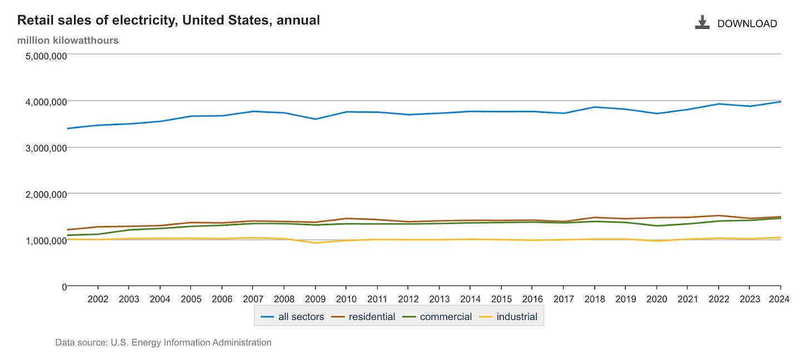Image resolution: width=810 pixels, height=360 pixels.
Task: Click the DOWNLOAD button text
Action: (747, 23)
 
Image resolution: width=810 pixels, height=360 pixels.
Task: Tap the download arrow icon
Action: (702, 22)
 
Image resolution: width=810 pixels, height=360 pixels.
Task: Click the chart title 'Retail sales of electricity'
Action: (169, 21)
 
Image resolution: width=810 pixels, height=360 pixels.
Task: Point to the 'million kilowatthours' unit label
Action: (68, 40)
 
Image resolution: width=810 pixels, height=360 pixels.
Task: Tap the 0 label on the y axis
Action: (64, 287)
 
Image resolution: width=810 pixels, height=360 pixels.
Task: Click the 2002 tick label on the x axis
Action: (98, 300)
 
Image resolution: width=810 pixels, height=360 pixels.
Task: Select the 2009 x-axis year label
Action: (315, 300)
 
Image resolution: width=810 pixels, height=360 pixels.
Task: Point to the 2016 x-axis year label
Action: (532, 300)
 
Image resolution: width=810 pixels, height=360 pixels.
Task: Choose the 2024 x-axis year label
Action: (780, 300)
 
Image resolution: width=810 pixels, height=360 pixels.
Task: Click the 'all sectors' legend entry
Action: (293, 317)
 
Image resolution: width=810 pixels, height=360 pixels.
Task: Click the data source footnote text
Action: (163, 343)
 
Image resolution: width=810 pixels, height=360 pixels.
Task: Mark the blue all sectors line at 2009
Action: (315, 119)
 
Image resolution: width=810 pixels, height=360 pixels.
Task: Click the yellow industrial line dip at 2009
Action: (315, 243)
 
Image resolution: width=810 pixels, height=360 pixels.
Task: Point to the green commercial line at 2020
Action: (656, 226)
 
